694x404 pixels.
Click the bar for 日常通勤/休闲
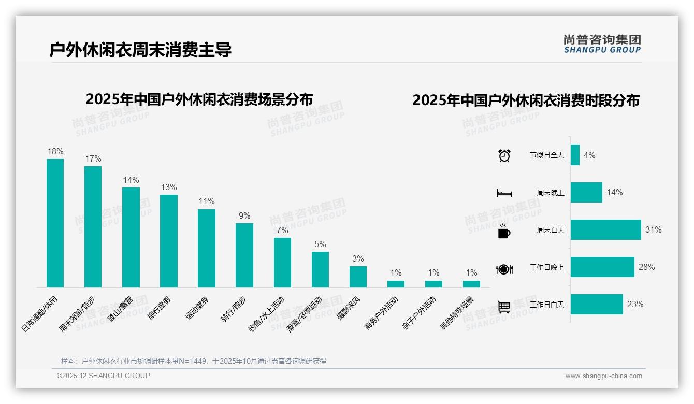55,223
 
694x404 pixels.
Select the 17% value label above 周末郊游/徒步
93,159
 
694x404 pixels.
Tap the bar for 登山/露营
131,237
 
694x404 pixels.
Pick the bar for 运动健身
207,248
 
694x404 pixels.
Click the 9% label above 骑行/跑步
244,215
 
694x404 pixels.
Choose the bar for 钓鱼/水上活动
282,263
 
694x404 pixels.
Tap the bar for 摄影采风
358,277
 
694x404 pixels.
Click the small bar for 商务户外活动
396,284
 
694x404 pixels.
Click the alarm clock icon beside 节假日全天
504,155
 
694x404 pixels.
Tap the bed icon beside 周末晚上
504,193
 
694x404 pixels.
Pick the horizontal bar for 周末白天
605,229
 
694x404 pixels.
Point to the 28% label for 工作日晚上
647,267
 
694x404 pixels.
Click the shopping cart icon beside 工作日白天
504,307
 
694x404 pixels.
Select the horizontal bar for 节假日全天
575,155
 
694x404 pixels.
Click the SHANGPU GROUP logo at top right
602,44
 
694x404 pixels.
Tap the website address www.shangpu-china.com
603,376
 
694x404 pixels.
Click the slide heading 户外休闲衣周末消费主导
140,50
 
